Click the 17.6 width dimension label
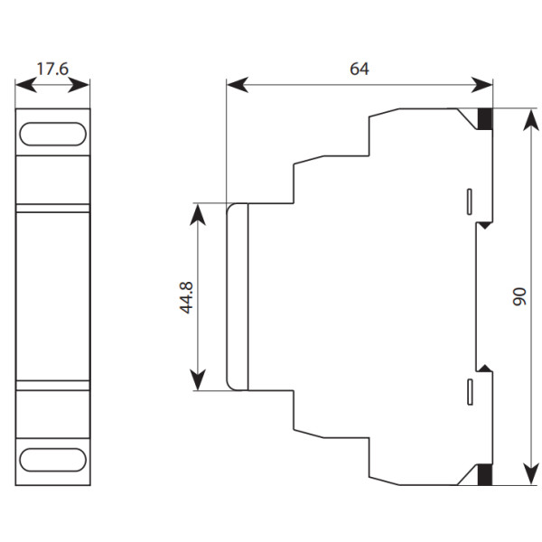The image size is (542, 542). (x=52, y=68)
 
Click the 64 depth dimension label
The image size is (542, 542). (x=360, y=68)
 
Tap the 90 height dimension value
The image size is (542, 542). (x=519, y=296)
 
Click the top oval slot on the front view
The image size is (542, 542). (x=52, y=135)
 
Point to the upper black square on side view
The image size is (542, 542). (x=485, y=117)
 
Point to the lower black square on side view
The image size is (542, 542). (x=485, y=472)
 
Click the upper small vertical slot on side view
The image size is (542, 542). (x=469, y=201)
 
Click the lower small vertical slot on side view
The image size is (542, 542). (x=469, y=391)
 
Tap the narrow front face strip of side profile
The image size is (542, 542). (x=238, y=296)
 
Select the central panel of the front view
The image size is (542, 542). (x=52, y=296)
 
